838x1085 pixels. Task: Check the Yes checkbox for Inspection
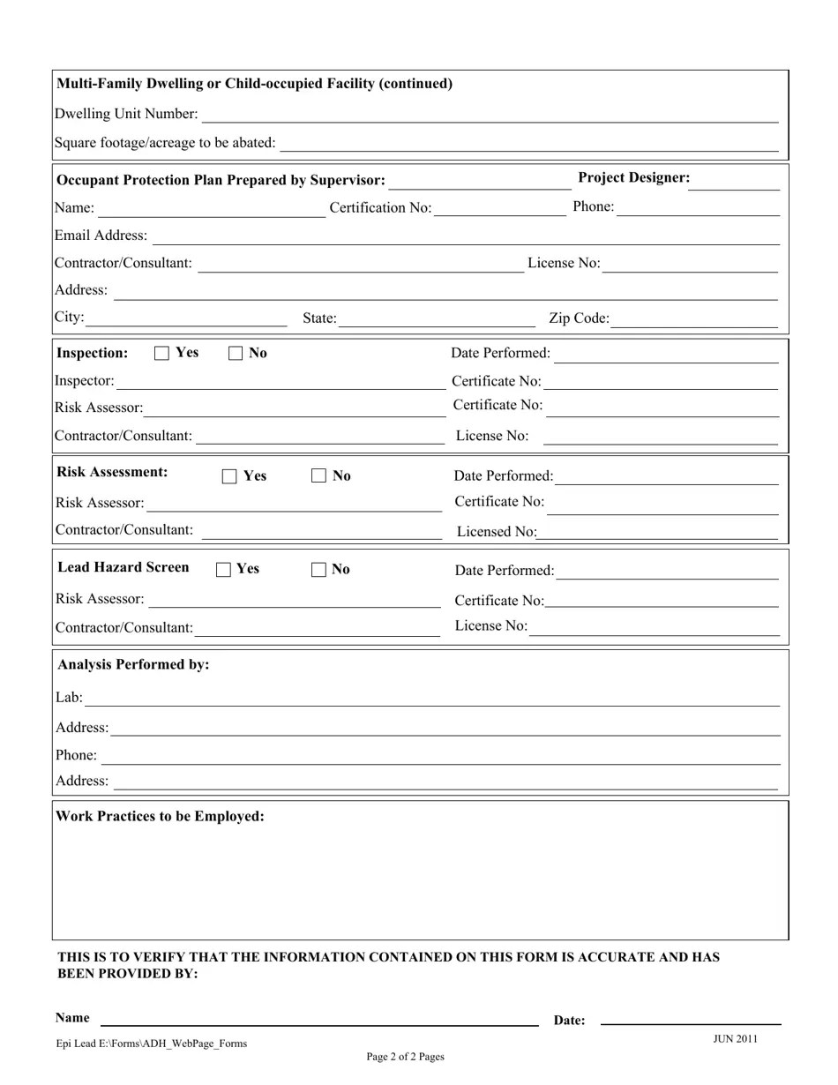[x=161, y=354]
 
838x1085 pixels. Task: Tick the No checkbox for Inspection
[x=236, y=354]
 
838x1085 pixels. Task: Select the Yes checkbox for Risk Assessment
[x=229, y=476]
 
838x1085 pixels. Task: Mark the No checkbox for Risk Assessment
[x=318, y=476]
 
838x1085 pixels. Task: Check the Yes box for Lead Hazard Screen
[x=223, y=570]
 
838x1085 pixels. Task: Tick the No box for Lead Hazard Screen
[x=318, y=570]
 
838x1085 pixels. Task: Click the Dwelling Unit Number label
[x=126, y=114]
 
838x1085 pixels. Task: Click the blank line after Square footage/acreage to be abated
[x=529, y=145]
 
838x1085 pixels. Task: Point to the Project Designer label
[x=633, y=177]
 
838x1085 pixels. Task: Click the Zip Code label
[x=579, y=318]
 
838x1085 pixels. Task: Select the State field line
[x=437, y=320]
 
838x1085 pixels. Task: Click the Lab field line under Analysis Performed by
[x=432, y=700]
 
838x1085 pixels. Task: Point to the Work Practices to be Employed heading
[x=160, y=816]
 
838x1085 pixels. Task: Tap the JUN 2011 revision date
[x=735, y=1038]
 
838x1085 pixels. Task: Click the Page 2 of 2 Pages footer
[x=405, y=1057]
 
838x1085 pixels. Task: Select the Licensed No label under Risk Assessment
[x=496, y=532]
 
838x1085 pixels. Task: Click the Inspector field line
[x=281, y=383]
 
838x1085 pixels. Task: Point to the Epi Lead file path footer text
[x=152, y=1044]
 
